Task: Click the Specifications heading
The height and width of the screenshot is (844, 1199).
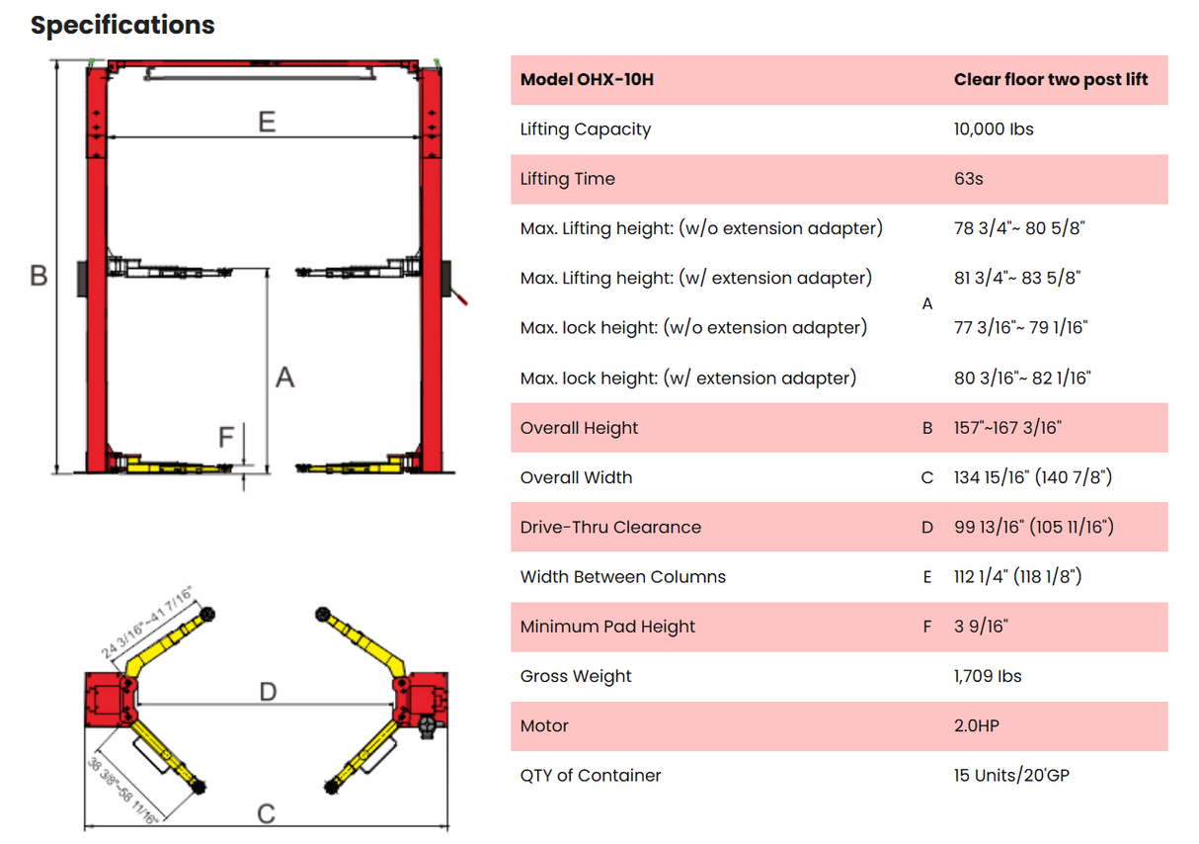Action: coord(122,25)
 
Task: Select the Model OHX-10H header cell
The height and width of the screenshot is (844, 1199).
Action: coord(587,79)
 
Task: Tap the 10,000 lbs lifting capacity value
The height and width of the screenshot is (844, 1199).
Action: coord(994,128)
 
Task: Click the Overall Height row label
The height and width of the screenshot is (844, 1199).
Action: coord(579,428)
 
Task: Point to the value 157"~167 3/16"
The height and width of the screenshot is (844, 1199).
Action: coord(1007,428)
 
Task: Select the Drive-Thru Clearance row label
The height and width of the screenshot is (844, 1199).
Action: coord(610,527)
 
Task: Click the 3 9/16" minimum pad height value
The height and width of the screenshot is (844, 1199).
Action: coord(981,627)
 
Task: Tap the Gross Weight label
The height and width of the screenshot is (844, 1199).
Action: coord(576,676)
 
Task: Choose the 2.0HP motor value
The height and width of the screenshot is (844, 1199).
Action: coord(976,725)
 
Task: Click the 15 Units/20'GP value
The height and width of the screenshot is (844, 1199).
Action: coord(1011,775)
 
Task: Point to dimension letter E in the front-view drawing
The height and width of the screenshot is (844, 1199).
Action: coord(266,122)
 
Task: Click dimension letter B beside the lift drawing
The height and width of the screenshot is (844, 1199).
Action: coord(39,275)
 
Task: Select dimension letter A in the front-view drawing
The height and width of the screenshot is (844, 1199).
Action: coord(284,378)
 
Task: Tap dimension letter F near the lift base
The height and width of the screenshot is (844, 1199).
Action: coord(226,436)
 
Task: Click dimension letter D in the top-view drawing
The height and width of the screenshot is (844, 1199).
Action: coord(268,691)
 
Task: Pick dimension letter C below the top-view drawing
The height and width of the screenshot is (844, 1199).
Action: coord(266,813)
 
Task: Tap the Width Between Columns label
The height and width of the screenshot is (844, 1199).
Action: coord(622,576)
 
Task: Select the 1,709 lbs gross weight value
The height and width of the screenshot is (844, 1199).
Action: coord(988,676)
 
